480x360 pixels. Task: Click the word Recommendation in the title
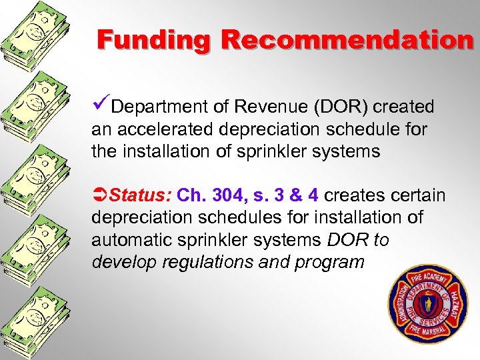(347, 39)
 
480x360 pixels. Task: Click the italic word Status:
(141, 195)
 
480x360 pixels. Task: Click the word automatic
(131, 239)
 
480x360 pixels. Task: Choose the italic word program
(329, 261)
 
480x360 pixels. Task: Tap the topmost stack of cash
(33, 37)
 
